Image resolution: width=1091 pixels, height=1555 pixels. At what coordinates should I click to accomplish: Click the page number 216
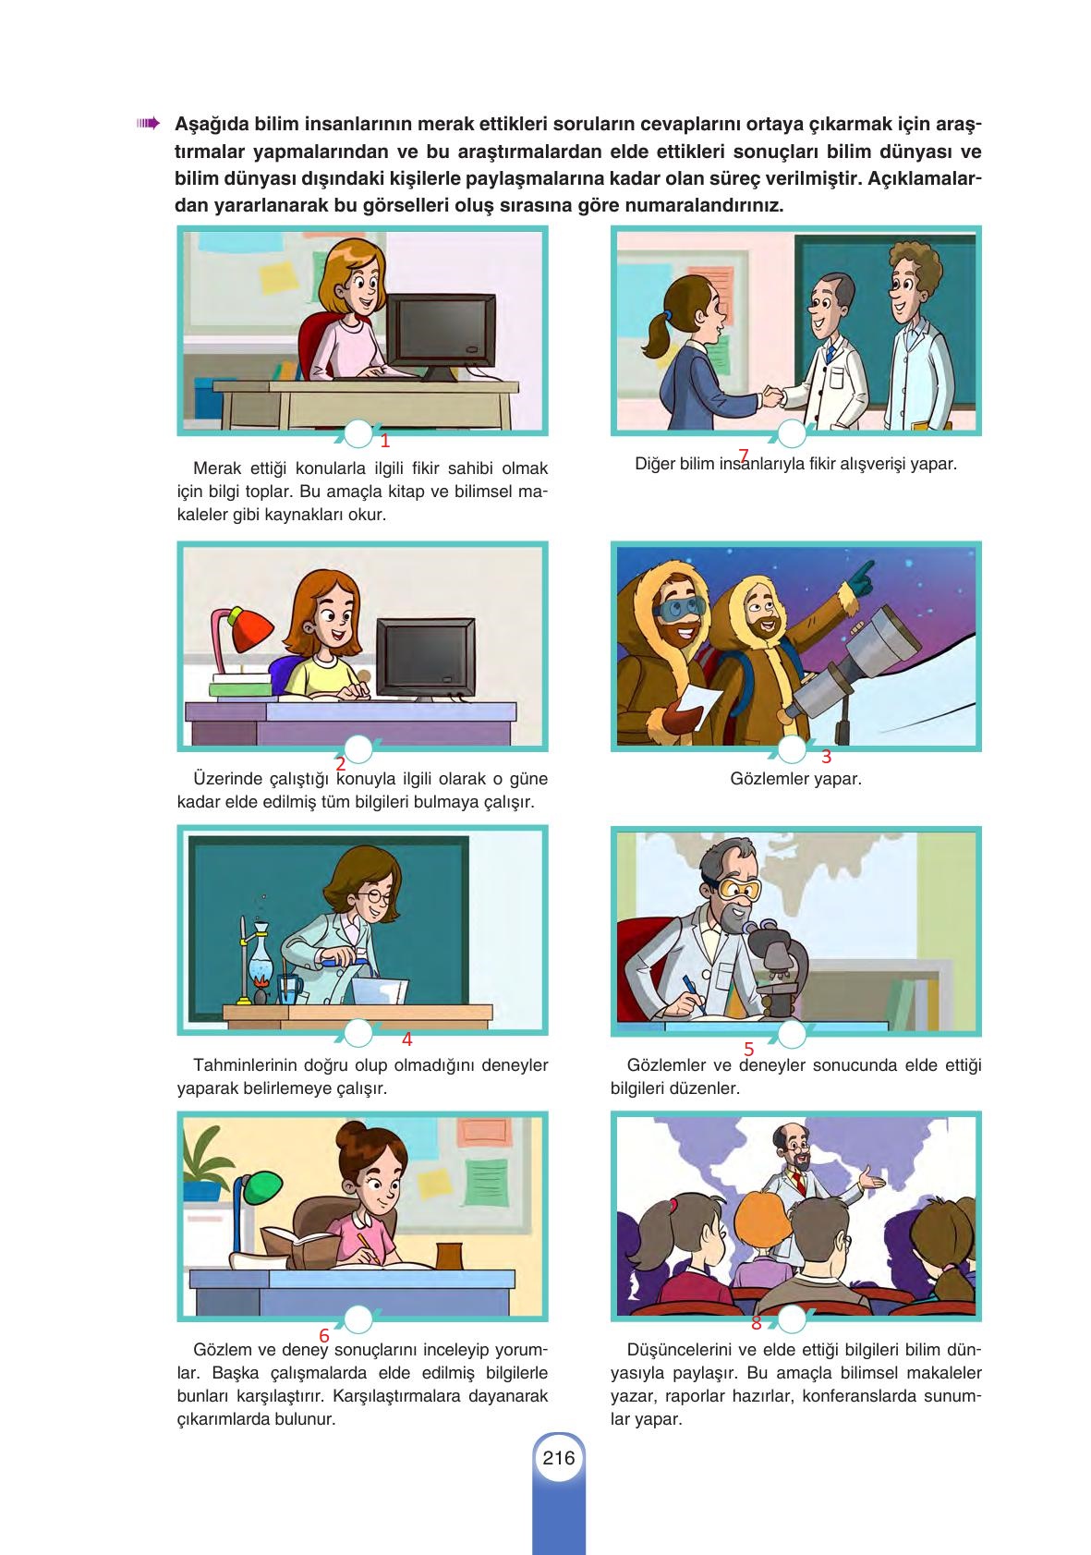pyautogui.click(x=558, y=1458)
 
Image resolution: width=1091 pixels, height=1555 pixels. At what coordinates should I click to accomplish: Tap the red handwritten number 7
pyautogui.click(x=744, y=456)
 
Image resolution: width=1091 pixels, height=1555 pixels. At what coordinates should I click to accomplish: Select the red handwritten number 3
pyautogui.click(x=826, y=757)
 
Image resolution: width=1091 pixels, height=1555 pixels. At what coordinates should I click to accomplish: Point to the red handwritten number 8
pyautogui.click(x=757, y=1323)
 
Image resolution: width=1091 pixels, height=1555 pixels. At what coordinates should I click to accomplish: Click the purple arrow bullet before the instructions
pyautogui.click(x=148, y=124)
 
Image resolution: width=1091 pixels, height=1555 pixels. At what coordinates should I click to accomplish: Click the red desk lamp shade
pyautogui.click(x=250, y=630)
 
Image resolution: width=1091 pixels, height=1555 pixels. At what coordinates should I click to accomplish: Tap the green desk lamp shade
pyautogui.click(x=262, y=1187)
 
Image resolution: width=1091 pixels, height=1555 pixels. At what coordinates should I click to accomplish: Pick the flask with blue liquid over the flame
pyautogui.click(x=261, y=953)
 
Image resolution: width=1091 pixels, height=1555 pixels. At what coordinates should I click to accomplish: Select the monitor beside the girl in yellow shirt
pyautogui.click(x=426, y=658)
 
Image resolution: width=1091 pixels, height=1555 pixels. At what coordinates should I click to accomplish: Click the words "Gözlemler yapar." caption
pyautogui.click(x=795, y=779)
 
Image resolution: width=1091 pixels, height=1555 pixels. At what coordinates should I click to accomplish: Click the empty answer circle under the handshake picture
pyautogui.click(x=791, y=434)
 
